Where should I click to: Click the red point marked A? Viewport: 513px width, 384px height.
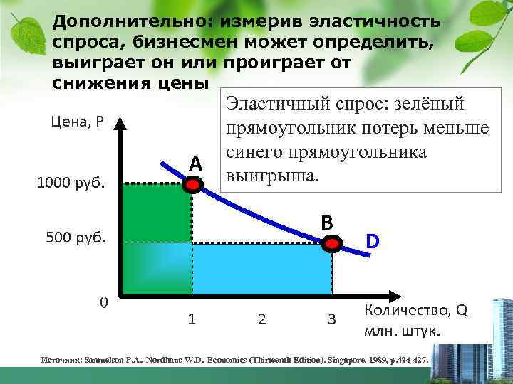[192, 184]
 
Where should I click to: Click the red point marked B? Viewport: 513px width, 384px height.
[332, 243]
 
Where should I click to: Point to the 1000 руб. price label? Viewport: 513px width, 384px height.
[70, 183]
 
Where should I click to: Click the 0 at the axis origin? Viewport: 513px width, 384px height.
[104, 303]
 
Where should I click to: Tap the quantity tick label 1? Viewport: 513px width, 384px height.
[192, 319]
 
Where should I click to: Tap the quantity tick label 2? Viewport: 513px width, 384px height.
[261, 319]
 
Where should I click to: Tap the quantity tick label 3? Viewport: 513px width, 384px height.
[331, 319]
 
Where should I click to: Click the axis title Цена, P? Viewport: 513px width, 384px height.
[78, 122]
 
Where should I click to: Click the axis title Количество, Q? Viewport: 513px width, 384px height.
[416, 311]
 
